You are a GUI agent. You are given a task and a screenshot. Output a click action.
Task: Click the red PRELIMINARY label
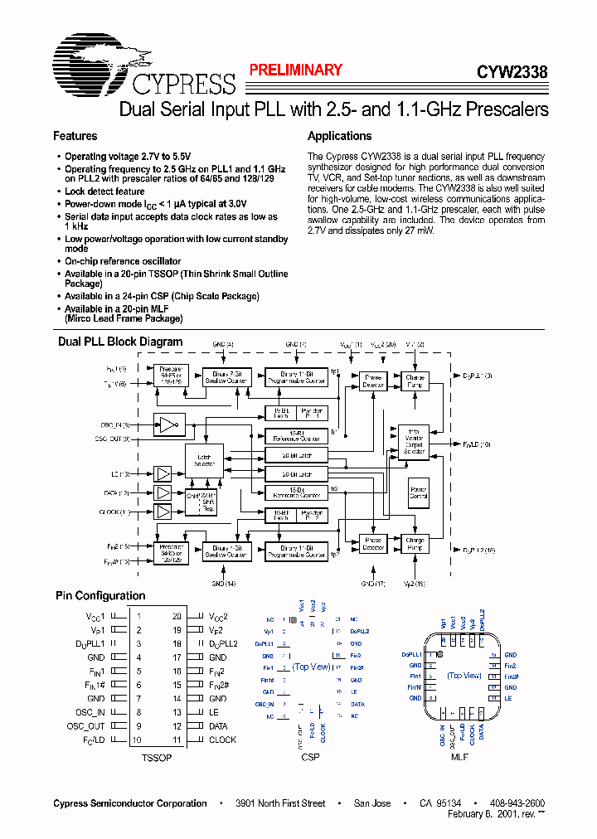(x=296, y=70)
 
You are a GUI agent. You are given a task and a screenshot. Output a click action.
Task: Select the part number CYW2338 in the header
(x=512, y=72)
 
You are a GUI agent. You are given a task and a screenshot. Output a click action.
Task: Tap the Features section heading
(x=75, y=136)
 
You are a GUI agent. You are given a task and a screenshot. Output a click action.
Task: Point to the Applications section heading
(x=339, y=136)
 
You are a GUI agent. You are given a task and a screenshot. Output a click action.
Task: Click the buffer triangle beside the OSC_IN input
(x=168, y=425)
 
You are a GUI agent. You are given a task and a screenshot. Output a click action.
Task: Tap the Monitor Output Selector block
(x=414, y=441)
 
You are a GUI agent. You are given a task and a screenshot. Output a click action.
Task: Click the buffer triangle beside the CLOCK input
(x=163, y=512)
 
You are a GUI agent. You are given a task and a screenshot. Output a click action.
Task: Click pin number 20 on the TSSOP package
(x=177, y=616)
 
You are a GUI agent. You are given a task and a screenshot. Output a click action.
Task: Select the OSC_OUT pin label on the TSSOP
(x=86, y=726)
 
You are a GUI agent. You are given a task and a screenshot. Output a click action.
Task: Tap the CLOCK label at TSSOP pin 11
(x=222, y=740)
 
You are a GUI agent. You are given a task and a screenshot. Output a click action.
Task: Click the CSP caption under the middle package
(x=310, y=758)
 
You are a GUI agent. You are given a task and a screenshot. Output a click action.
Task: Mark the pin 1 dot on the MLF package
(x=437, y=654)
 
